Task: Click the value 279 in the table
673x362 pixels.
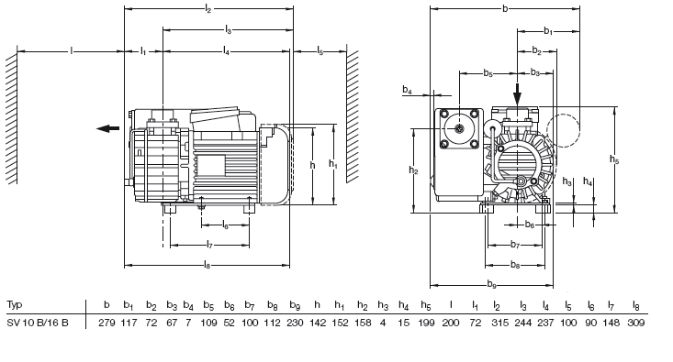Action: click(x=107, y=323)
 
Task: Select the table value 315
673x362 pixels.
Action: click(x=499, y=323)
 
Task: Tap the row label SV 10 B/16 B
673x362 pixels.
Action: click(x=38, y=323)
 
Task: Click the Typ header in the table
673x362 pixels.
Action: click(x=14, y=305)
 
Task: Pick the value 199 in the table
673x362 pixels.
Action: click(x=426, y=323)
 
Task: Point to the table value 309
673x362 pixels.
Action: click(x=636, y=323)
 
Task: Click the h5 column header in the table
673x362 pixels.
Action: click(x=426, y=305)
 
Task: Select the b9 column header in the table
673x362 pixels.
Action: click(x=295, y=305)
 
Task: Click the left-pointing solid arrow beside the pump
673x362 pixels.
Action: click(x=107, y=128)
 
